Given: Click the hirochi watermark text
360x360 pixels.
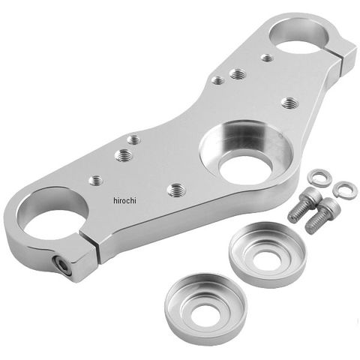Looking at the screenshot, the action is pos(124,200).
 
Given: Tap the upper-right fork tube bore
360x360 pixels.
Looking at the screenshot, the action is pos(299,34).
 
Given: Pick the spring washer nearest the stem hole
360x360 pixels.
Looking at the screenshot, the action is pos(319,178).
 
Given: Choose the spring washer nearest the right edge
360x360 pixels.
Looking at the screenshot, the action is pos(345,190).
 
